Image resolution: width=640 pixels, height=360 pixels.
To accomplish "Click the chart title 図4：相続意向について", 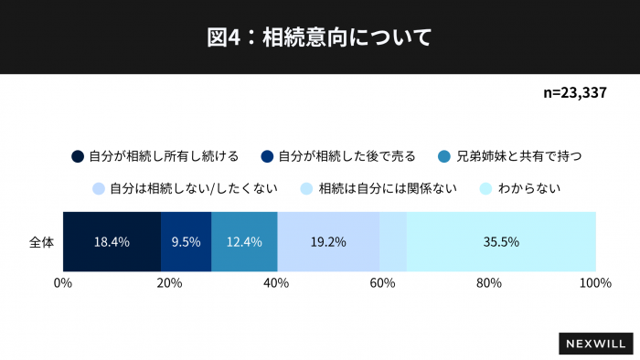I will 319,37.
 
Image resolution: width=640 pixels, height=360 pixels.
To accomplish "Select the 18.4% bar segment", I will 112,242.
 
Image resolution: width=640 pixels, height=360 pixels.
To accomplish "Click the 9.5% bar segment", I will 186,242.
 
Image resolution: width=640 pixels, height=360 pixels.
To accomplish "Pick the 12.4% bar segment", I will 244,242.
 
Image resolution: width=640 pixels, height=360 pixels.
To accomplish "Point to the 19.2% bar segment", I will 327,242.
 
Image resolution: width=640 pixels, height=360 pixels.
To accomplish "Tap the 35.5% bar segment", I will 501,242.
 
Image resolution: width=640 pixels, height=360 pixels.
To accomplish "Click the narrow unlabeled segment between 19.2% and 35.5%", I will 392,242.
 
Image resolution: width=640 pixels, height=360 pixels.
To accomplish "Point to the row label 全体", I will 41,242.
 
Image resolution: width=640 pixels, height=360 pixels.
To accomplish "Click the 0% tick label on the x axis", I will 63,283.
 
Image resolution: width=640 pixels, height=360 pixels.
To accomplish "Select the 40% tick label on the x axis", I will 276,283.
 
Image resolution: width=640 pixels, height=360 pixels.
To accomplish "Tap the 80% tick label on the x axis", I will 489,283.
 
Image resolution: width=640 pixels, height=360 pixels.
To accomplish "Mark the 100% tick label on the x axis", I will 595,283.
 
